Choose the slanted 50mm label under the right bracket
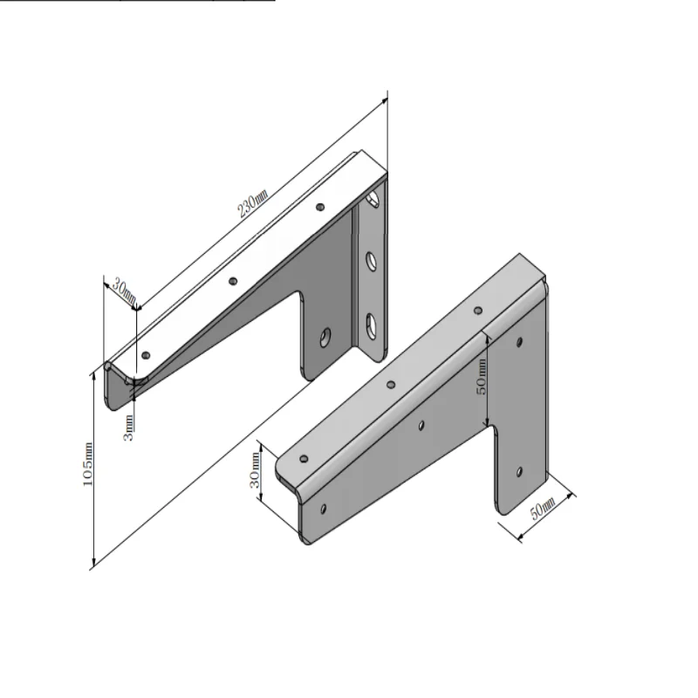(542, 509)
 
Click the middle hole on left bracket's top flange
(233, 281)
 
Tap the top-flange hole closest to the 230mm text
(320, 207)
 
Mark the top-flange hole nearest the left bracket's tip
(146, 354)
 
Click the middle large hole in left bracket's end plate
(370, 259)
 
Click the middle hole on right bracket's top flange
(391, 384)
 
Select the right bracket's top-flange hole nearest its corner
(477, 310)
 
